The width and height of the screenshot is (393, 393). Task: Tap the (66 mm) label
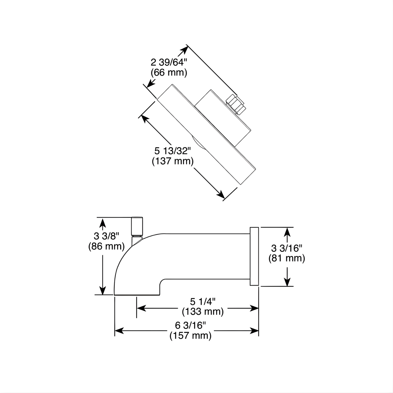pyautogui.click(x=169, y=72)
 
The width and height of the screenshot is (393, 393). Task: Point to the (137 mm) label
pyautogui.click(x=173, y=161)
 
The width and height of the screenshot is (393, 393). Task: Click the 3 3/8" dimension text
pyautogui.click(x=107, y=236)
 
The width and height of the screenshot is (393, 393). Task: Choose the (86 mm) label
pyautogui.click(x=107, y=246)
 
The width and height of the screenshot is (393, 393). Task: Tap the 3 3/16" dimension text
pyautogui.click(x=287, y=248)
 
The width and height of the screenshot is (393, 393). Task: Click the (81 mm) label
pyautogui.click(x=287, y=258)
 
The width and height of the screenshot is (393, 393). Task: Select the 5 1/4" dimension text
pyautogui.click(x=203, y=302)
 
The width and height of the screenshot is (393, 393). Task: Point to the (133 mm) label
pyautogui.click(x=203, y=312)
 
